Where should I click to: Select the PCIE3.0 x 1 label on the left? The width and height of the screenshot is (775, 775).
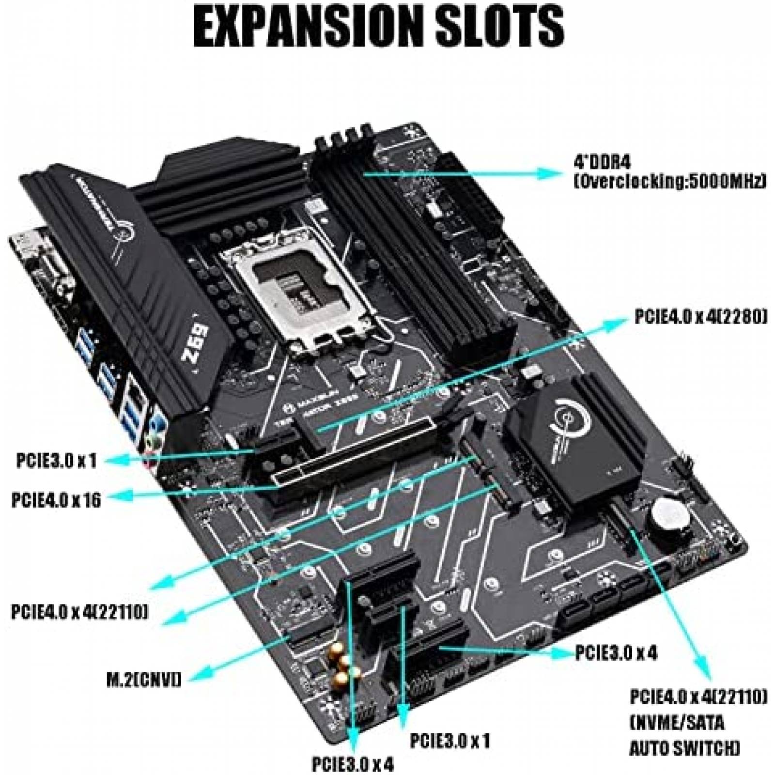(x=56, y=461)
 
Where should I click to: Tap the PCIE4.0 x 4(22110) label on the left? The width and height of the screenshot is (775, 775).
(x=79, y=612)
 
